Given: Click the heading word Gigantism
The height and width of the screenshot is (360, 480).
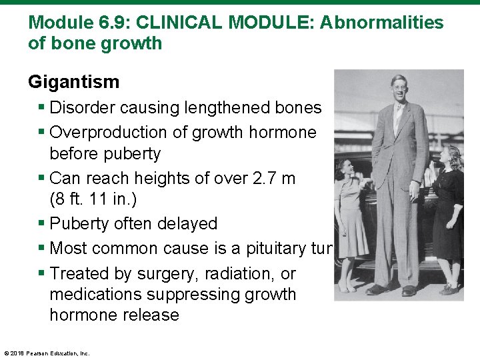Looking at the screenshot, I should [73, 82].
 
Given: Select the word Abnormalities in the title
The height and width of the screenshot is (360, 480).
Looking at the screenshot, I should [381, 22].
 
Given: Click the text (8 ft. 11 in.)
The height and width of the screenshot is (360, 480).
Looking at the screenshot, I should [105, 199].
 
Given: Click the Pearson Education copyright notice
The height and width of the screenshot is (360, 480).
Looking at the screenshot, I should [47, 353].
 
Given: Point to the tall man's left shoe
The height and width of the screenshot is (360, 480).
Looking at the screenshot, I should [409, 290].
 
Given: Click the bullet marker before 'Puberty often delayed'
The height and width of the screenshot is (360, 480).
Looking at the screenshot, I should [43, 223].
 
